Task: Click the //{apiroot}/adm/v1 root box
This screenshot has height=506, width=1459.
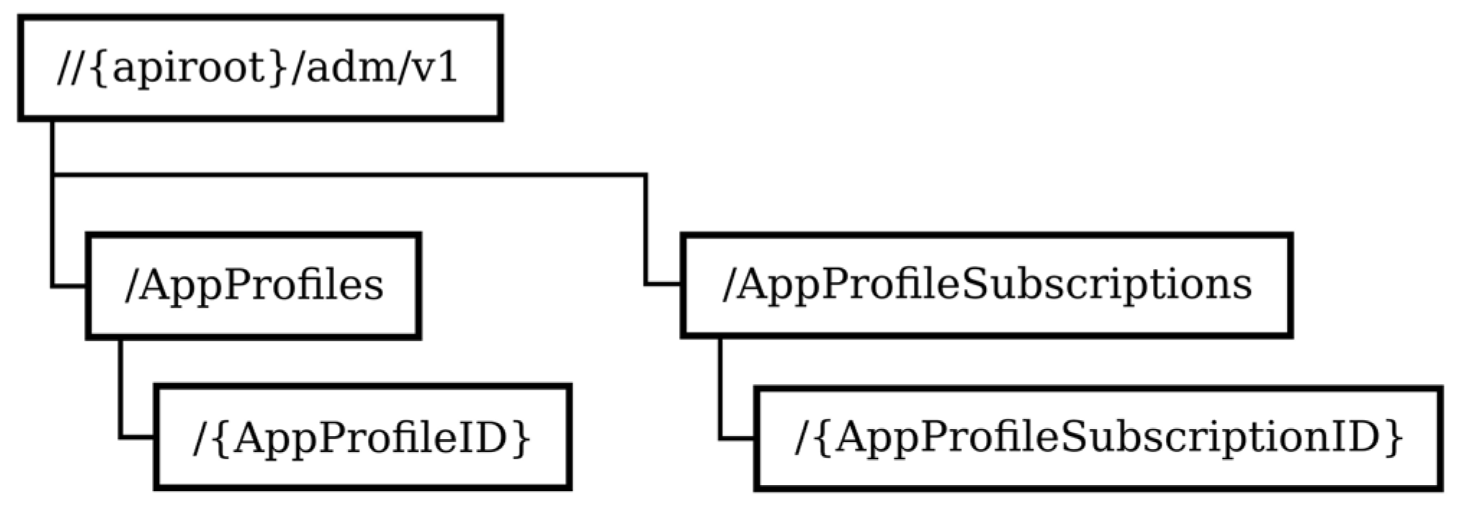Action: point(260,68)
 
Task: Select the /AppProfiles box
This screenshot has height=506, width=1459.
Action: point(253,285)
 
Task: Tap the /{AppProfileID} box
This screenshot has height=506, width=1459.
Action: point(362,438)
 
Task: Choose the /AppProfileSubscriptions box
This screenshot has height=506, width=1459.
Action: point(987,285)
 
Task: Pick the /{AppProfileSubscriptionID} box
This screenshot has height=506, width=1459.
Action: point(1098,438)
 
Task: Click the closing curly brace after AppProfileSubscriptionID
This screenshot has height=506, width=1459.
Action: point(1393,438)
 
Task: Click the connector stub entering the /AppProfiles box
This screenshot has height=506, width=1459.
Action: point(69,287)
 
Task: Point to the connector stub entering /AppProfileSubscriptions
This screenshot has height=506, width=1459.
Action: point(663,285)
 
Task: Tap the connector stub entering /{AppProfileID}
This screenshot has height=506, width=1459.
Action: point(137,437)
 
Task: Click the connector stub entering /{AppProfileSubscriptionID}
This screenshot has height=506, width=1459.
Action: point(737,438)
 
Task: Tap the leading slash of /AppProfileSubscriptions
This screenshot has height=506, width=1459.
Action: point(729,285)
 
